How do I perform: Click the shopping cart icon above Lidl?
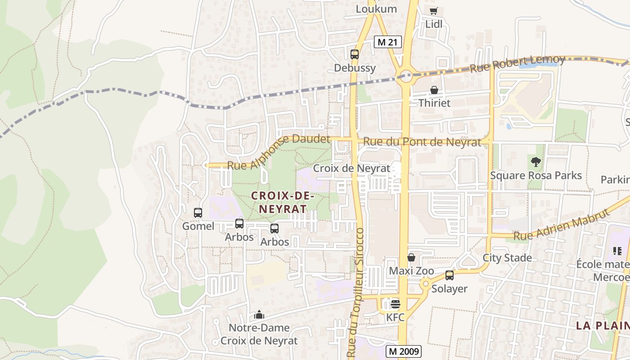[x=433, y=11]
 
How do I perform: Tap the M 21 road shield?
[x=387, y=42]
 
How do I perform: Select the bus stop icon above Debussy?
[x=355, y=54]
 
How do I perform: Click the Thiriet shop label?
[x=434, y=103]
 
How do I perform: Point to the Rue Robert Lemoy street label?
[x=517, y=64]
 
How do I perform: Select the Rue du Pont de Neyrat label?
[x=422, y=142]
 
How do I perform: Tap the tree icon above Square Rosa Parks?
[x=535, y=162]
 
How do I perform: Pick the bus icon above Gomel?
[x=198, y=213]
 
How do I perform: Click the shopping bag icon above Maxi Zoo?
[x=411, y=257]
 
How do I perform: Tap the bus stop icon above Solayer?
[x=449, y=275]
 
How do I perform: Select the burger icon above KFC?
[x=396, y=304]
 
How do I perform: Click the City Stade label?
[x=507, y=258]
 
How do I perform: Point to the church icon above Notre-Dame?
[x=259, y=315]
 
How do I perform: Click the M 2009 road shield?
[x=403, y=351]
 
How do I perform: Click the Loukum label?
[x=376, y=9]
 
